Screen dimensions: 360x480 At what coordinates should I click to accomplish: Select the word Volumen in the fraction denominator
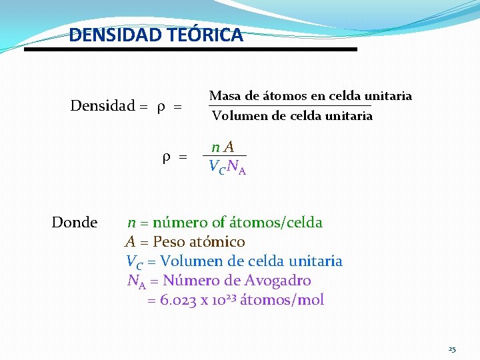click(237, 116)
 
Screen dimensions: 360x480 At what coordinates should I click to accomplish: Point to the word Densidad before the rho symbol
click(102, 106)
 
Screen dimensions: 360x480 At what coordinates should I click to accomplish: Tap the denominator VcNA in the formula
click(227, 167)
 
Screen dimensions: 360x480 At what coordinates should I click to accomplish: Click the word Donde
click(75, 222)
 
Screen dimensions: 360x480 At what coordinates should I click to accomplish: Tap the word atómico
click(221, 241)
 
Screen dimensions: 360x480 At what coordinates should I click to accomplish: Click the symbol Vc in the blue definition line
click(134, 261)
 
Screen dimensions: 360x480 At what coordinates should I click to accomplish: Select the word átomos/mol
click(282, 300)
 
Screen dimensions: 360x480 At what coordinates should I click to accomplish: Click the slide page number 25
click(452, 349)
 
